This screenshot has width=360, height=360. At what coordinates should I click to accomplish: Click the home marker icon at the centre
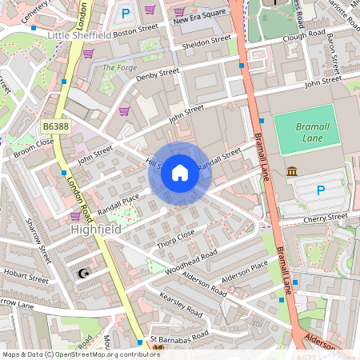180,172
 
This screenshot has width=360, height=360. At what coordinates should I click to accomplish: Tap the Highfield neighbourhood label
97,230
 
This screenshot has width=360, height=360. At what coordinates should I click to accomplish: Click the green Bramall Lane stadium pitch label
304,132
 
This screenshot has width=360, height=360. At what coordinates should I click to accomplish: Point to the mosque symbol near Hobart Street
82,274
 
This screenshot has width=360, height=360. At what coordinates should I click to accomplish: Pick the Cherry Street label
324,217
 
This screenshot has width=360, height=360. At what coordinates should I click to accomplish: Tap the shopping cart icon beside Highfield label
75,216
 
